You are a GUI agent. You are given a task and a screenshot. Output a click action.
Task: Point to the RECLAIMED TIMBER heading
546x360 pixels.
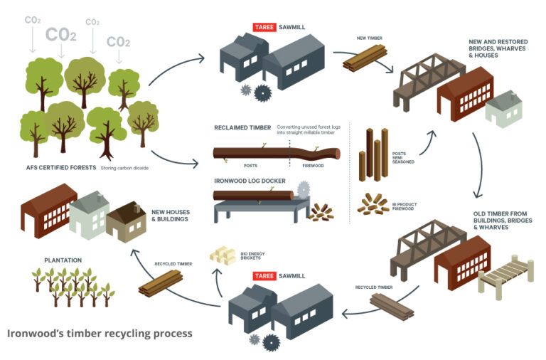(x=242, y=128)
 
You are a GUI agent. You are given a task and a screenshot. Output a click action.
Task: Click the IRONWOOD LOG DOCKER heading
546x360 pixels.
(x=247, y=181)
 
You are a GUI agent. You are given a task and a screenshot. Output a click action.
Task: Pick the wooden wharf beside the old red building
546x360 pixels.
(x=505, y=275)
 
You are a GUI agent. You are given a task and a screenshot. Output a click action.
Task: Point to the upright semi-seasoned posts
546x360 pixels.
(x=373, y=154)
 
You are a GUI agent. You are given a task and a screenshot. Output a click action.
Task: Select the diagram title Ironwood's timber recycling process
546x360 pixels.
(x=100, y=333)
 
